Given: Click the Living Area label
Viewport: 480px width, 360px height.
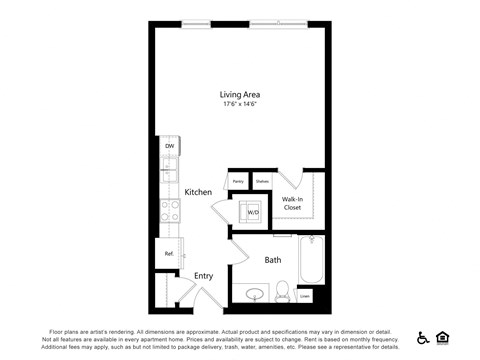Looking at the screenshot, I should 240,95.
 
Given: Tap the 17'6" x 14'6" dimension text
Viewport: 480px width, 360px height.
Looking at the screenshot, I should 240,105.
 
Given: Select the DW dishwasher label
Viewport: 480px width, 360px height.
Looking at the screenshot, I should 169,145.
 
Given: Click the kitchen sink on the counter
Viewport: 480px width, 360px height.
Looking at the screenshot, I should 169,166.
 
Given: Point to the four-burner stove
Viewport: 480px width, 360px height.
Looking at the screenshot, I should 170,210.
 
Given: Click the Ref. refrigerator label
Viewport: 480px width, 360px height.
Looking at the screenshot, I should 169,254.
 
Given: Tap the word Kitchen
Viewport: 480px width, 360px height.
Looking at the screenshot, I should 198,191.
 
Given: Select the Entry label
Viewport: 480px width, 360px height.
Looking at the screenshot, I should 203,276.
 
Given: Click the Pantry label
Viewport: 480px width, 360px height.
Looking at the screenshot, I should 239,181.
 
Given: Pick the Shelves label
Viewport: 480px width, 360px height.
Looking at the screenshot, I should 262,181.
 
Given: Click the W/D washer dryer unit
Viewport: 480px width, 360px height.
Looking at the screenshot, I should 252,212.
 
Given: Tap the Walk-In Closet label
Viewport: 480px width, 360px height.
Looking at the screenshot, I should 293,203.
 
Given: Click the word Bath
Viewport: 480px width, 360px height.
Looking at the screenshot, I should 272,260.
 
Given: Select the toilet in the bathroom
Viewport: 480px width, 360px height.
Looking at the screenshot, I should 282,292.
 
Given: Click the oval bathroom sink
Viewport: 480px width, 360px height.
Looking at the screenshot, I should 255,294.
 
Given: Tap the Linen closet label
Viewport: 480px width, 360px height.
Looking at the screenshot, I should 304,295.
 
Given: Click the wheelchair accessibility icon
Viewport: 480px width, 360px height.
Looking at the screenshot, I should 423,337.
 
